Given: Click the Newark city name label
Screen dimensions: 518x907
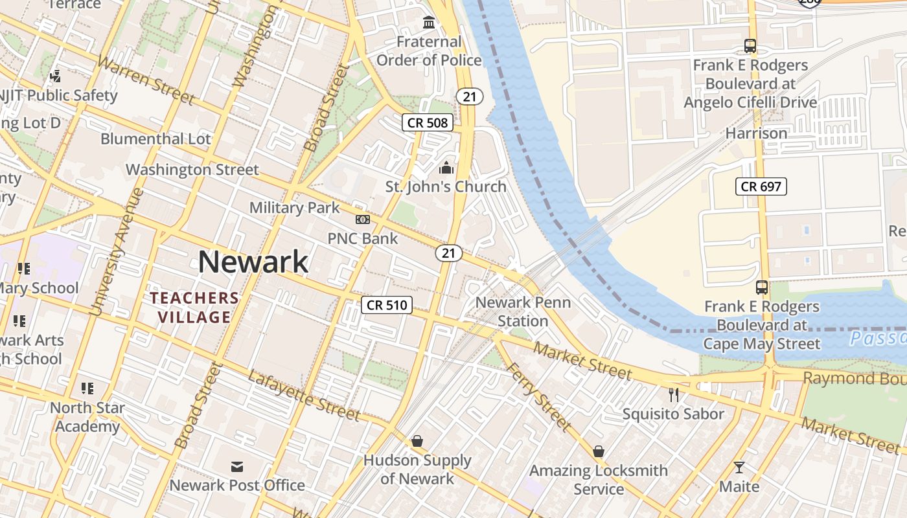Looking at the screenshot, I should point(253,262).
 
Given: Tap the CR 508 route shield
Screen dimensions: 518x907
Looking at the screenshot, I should point(428,122).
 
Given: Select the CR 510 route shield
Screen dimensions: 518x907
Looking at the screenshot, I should point(387,305).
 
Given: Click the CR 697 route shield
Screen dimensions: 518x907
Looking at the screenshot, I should point(761,187).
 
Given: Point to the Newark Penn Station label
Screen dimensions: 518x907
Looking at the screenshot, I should point(523,311).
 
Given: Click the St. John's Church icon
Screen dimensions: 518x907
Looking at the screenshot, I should point(446,168).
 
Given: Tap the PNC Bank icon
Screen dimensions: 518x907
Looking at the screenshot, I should point(363,220).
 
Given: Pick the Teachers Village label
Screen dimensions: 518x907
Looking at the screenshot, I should point(195,308).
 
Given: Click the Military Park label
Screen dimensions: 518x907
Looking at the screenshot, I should point(295,208).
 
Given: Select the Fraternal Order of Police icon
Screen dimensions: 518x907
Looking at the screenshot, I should point(429,23).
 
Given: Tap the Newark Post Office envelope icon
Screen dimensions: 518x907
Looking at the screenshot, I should point(237,466).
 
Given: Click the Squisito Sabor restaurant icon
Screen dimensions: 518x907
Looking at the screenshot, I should point(674,394).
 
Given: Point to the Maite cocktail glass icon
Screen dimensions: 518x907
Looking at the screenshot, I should point(739,467).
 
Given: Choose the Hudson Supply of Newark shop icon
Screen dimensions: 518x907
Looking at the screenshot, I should point(417,442).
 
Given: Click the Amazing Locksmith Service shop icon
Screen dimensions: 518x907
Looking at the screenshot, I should point(599,451).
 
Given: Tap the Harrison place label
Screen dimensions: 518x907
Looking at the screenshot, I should point(756,133).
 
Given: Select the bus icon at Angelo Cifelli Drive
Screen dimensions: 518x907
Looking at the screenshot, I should point(750,47).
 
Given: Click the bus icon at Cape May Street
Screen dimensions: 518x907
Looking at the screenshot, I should point(762,287).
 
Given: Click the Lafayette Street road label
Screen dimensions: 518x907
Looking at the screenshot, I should point(303,396).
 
